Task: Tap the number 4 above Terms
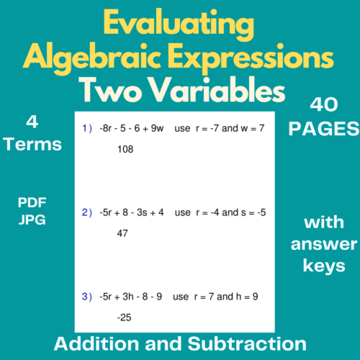point(32,121)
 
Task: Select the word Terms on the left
point(32,144)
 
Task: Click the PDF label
point(32,204)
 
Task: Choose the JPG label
point(32,219)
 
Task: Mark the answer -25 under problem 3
point(124,316)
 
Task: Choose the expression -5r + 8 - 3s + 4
point(132,212)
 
